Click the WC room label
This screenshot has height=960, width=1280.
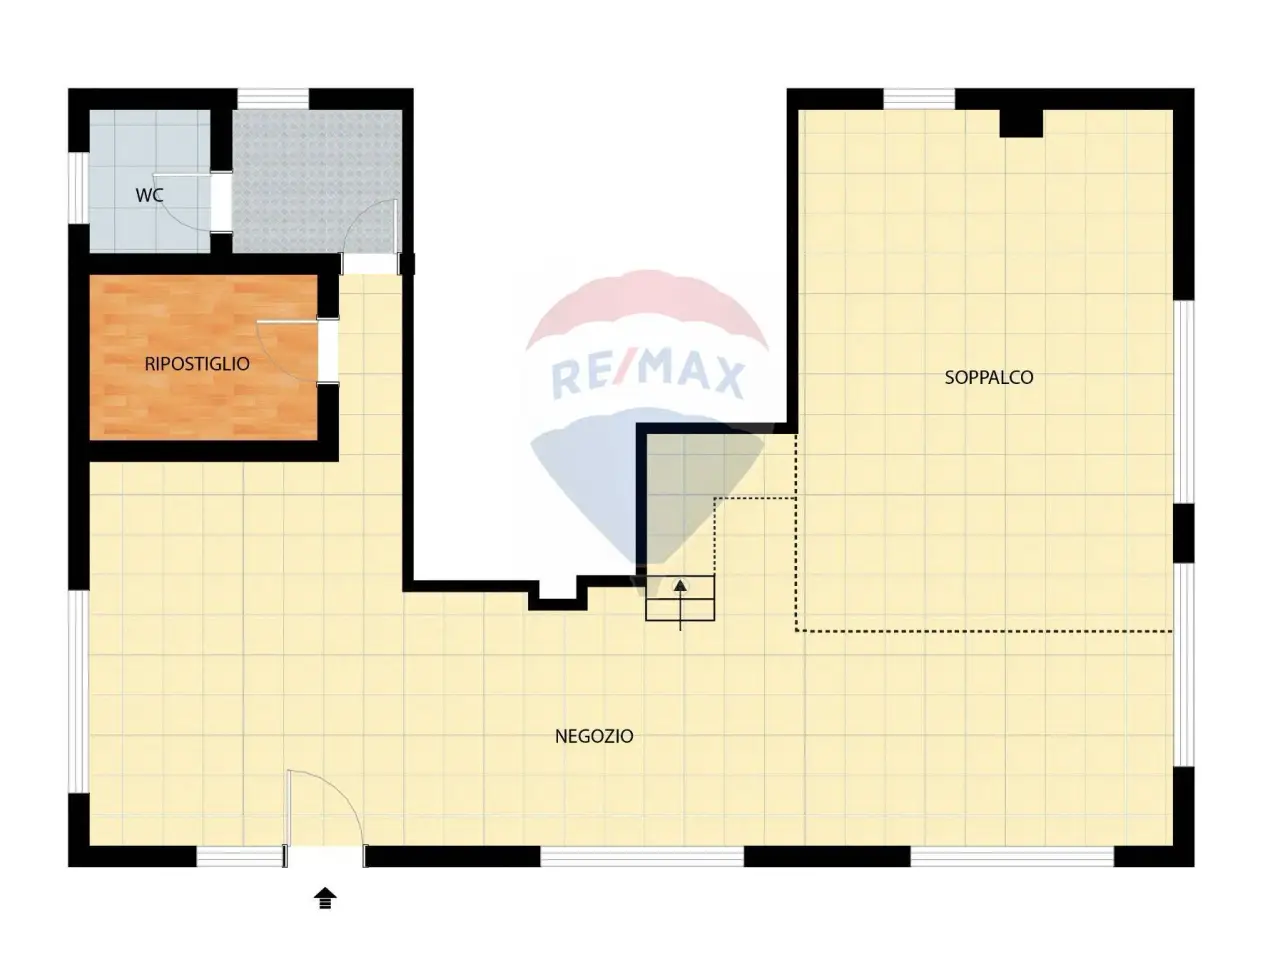149,195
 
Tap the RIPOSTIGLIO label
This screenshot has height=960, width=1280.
197,364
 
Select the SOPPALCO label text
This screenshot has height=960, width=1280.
989,377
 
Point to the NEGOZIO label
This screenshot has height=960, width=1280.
594,736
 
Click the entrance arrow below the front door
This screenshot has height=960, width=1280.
325,898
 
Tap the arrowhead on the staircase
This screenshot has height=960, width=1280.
680,586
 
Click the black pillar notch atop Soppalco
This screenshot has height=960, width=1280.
1021,123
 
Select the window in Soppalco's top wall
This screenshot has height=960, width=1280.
919,99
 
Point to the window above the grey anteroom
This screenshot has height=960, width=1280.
272,99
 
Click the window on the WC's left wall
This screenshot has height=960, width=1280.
79,187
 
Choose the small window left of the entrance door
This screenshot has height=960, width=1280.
239,857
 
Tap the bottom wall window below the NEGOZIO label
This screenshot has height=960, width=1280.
642,857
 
